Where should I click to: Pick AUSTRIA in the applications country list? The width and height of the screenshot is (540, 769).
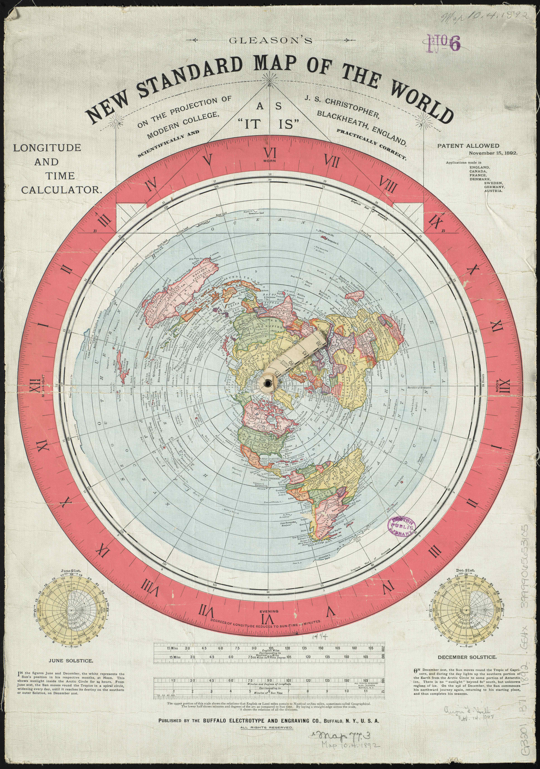pos(493,191)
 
